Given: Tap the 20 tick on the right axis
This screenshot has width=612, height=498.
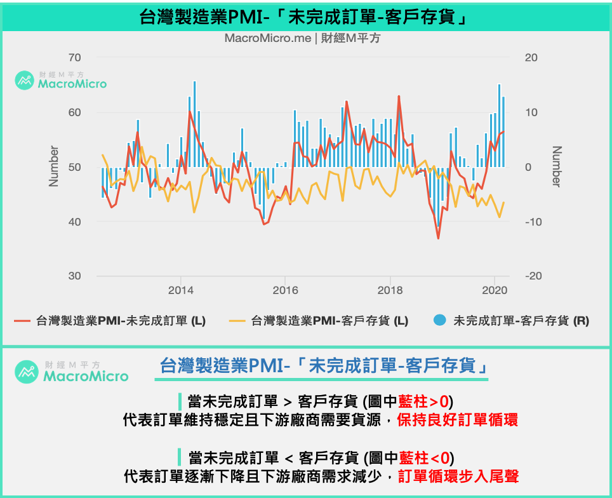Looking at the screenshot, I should coord(531,58).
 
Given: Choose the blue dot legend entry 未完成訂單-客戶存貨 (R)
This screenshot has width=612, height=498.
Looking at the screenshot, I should coord(512,321).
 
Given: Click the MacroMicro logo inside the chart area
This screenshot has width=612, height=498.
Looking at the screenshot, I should coord(61,80).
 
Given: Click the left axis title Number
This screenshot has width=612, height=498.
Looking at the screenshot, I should coord(54,166).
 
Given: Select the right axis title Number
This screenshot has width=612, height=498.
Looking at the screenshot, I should coord(556,166).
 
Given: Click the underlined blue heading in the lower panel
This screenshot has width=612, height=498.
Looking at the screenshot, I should coord(324,367).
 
